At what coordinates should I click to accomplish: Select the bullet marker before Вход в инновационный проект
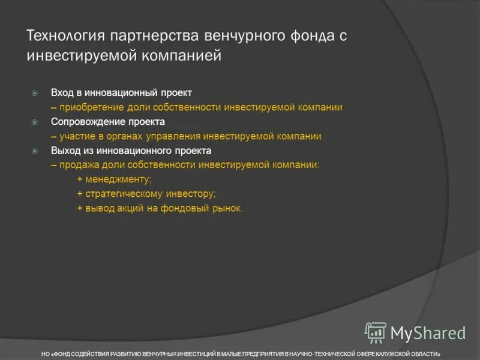coord(35,93)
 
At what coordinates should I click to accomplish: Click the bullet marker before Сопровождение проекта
coord(35,122)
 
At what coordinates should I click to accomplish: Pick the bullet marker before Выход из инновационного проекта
coord(35,151)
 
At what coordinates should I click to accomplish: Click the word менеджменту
coord(118,179)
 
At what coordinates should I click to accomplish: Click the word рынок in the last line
coord(228,208)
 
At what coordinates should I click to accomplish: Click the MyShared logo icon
coord(376,332)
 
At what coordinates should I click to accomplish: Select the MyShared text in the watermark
coord(428,333)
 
